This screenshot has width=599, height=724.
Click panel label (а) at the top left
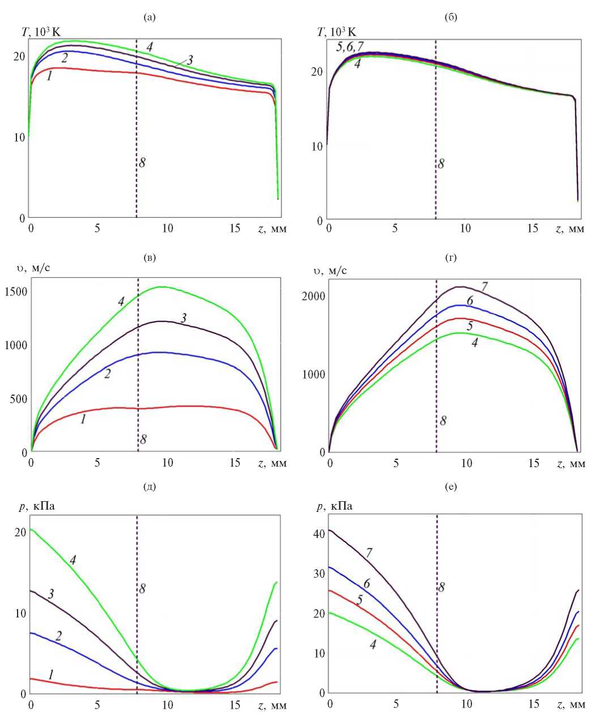point(150,18)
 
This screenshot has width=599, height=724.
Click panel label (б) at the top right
point(452,18)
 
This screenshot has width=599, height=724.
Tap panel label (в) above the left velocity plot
point(150,258)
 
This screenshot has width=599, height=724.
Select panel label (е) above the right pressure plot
point(452,486)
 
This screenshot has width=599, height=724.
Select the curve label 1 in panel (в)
point(83,420)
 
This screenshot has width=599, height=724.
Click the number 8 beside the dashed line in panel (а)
point(142,163)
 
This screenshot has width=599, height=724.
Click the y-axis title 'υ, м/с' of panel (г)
point(329,270)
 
